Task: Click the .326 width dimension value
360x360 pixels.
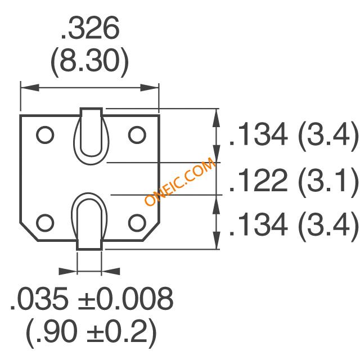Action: tap(90, 28)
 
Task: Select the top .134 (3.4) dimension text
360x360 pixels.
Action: tap(294, 135)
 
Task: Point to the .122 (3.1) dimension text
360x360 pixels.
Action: tap(294, 181)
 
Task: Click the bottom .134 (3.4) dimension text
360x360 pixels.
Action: tap(294, 225)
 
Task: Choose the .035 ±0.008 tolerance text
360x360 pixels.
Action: tap(92, 299)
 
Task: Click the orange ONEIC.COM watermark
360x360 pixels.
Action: tap(179, 182)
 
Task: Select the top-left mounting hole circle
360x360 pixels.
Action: tap(45, 135)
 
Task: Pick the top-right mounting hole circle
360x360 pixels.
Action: tap(137, 135)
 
